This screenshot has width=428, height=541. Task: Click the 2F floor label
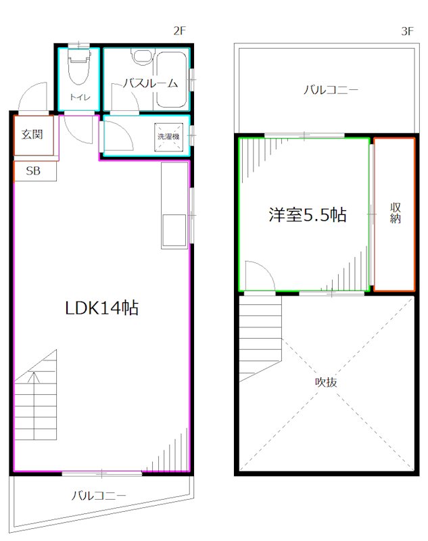[x=179, y=31]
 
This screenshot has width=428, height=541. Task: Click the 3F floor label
[x=406, y=31]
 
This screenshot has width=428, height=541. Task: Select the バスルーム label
[x=150, y=84]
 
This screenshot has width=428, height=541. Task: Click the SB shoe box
[x=33, y=171]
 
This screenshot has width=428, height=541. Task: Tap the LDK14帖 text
[x=101, y=308]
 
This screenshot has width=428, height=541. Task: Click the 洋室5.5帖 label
[x=307, y=215]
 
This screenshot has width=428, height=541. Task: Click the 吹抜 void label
[x=326, y=382]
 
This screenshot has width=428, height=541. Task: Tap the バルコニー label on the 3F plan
[x=331, y=89]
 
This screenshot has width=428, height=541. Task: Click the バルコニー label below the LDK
[x=99, y=496]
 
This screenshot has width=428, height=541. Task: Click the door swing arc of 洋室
[x=258, y=275]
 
